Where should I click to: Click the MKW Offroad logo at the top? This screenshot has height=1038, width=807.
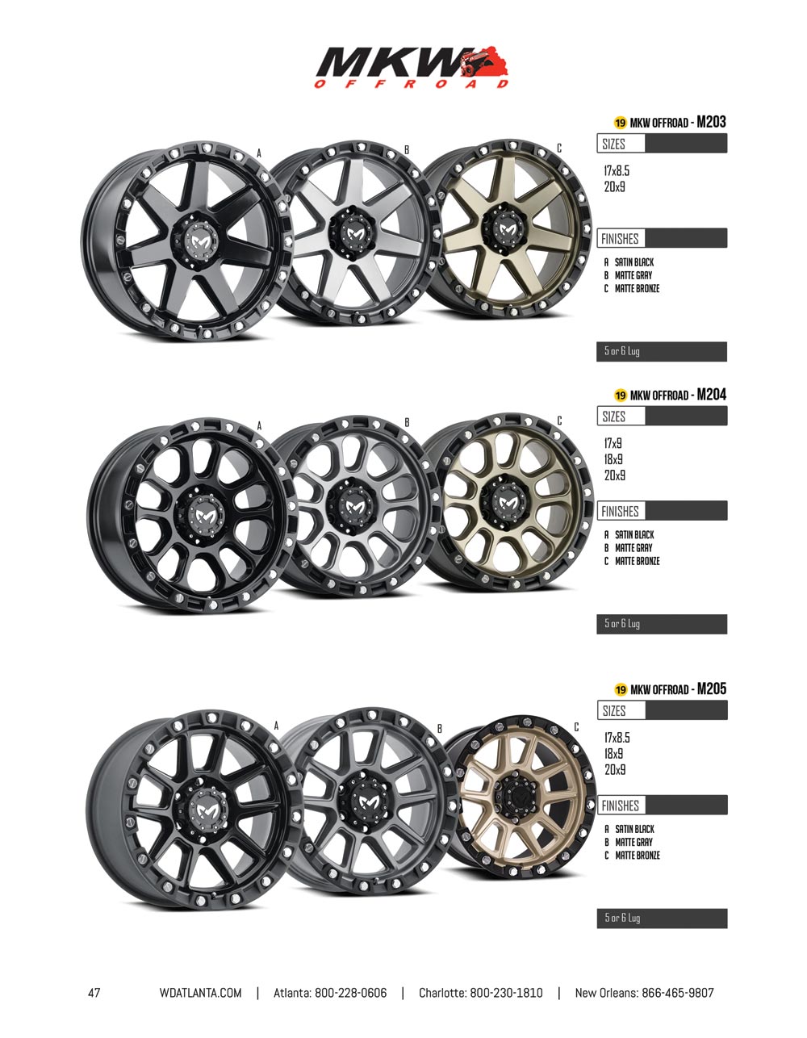(x=412, y=67)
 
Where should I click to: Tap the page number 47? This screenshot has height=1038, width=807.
(x=94, y=993)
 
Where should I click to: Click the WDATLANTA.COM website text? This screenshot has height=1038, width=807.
(x=201, y=993)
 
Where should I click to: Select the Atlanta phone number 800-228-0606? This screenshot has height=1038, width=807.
(x=350, y=993)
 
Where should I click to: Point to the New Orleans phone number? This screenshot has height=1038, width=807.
(x=677, y=993)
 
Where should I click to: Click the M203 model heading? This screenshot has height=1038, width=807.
(x=711, y=122)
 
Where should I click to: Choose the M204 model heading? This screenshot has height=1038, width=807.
(x=712, y=394)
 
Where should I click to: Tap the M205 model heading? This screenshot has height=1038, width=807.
(x=712, y=689)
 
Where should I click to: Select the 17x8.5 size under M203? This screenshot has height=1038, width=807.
(x=617, y=170)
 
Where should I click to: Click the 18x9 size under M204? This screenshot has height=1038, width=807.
(x=613, y=459)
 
